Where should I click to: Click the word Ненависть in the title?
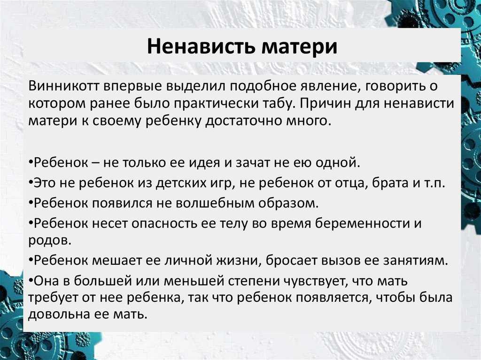[x=201, y=46]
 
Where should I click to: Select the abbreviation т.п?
[x=434, y=184]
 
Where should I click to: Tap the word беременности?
[x=363, y=223]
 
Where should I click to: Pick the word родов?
[x=50, y=240]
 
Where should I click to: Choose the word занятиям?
[x=416, y=260]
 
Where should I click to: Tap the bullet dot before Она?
[x=31, y=280]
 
